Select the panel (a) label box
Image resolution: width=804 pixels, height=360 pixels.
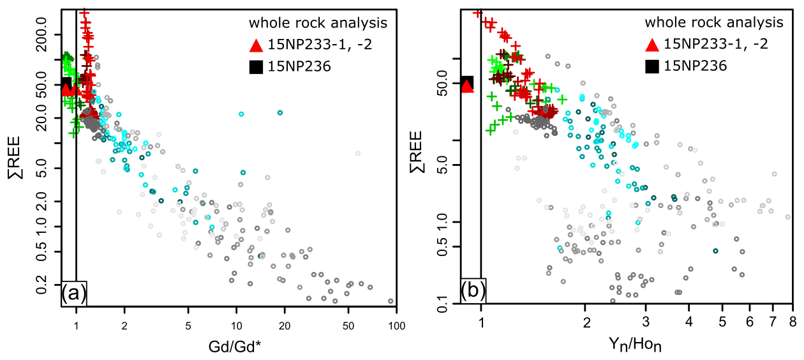click(73, 294)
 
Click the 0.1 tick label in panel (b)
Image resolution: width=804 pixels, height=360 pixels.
click(447, 310)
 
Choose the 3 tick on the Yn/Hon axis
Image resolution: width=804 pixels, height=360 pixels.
click(646, 319)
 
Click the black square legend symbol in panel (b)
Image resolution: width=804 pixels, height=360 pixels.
click(652, 65)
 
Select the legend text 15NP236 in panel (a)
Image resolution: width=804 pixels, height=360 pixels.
click(299, 65)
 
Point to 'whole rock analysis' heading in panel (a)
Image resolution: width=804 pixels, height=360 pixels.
click(318, 24)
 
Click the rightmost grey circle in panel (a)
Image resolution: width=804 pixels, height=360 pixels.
click(391, 301)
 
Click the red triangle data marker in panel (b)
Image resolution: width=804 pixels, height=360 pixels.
click(467, 86)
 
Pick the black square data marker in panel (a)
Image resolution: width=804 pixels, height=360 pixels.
click(66, 83)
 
